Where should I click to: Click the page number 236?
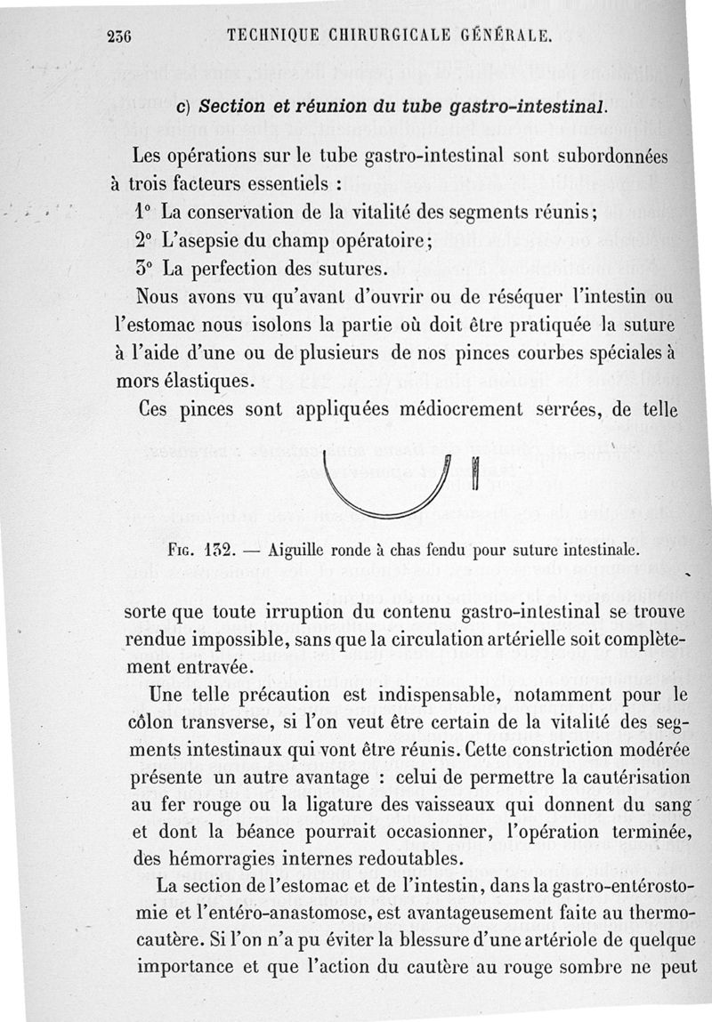[118, 36]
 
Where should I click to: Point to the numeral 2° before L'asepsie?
[142, 241]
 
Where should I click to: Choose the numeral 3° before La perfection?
[142, 268]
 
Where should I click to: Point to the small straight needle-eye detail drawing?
[474, 473]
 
